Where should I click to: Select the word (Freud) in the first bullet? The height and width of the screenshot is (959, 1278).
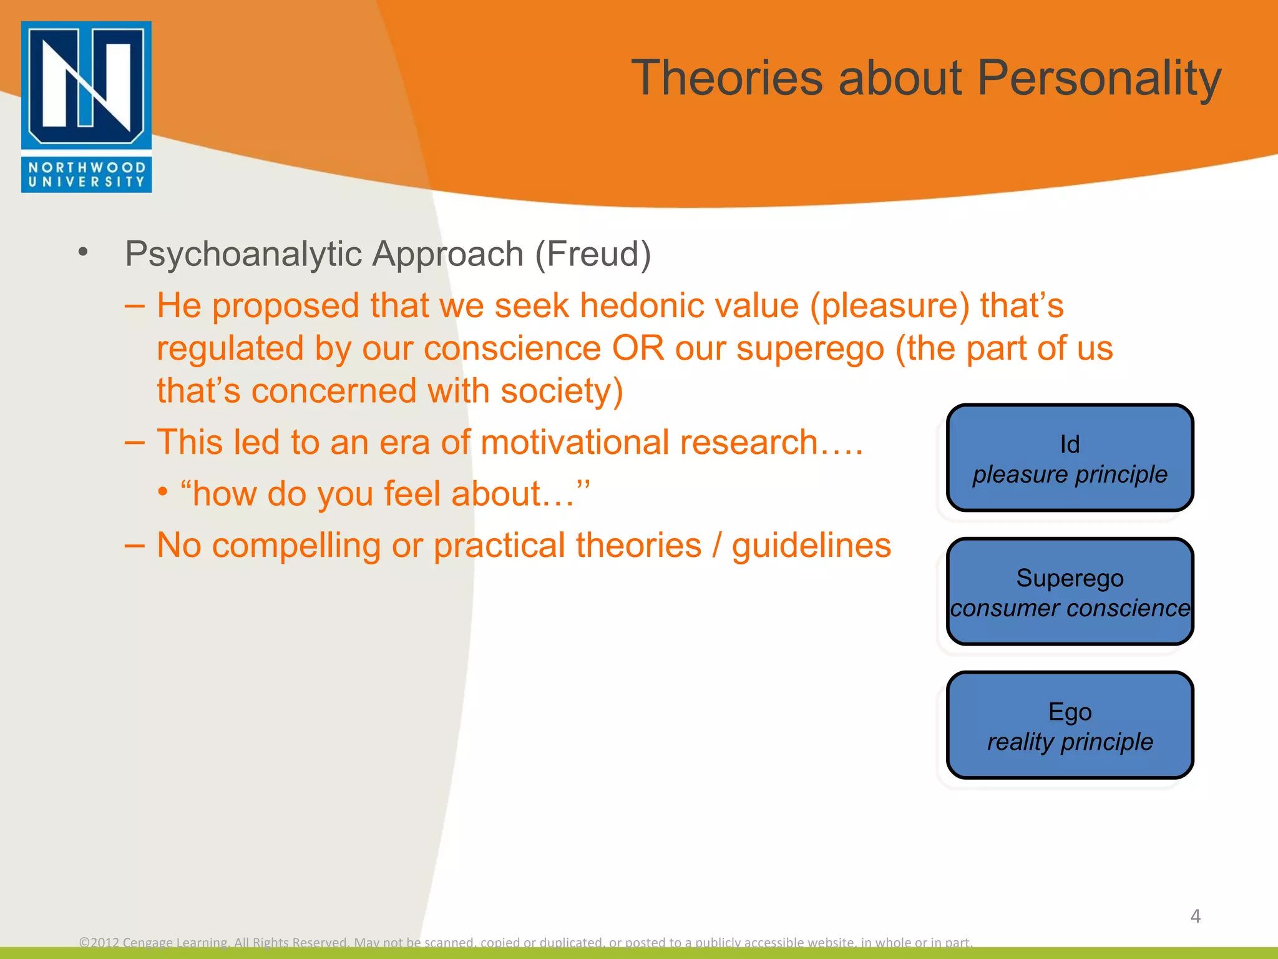click(x=593, y=255)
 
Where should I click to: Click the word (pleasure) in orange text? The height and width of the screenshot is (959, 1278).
click(x=890, y=307)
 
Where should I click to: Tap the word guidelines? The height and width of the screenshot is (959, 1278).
click(x=811, y=546)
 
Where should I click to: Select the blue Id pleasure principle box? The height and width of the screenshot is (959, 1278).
click(x=1070, y=458)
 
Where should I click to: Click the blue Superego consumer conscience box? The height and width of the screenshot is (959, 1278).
click(x=1070, y=592)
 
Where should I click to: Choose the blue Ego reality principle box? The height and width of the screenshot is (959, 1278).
click(x=1070, y=725)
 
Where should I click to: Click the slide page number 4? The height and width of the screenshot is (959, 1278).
click(x=1195, y=916)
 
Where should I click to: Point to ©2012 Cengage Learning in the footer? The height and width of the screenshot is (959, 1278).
click(x=154, y=942)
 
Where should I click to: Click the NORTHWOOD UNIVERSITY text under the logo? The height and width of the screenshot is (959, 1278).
click(x=86, y=175)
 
